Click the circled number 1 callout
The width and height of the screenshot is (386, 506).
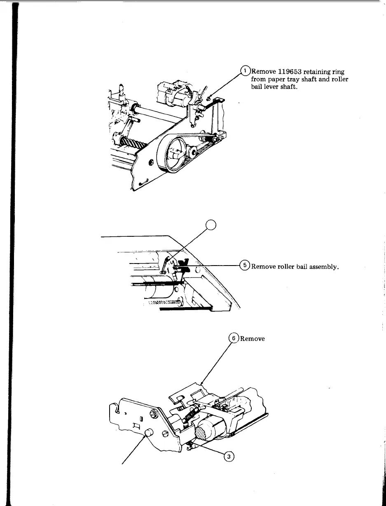245,71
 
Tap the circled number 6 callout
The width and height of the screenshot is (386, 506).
234,338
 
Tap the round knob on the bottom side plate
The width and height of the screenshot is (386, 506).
149,432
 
